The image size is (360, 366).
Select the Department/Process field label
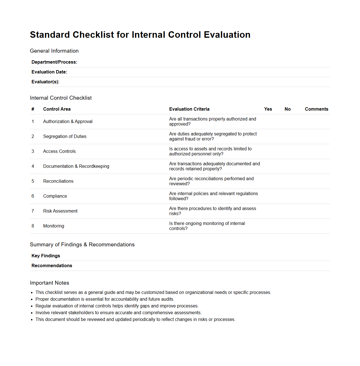tap(54, 62)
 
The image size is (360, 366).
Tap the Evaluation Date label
tap(49, 72)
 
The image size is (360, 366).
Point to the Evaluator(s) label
tap(45, 82)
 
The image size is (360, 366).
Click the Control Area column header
tap(57, 109)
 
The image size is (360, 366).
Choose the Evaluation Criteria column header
tap(189, 109)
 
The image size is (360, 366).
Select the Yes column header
tap(268, 109)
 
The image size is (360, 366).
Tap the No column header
tap(287, 109)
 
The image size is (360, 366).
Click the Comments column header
tap(316, 109)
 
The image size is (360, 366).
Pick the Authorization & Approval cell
tap(68, 122)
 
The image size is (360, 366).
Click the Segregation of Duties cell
tap(65, 137)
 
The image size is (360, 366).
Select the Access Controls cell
tap(59, 151)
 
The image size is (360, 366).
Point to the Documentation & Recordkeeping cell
tap(76, 166)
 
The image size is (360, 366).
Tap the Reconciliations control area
tap(58, 181)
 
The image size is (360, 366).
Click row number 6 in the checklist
tap(33, 196)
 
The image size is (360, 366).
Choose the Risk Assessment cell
tap(60, 211)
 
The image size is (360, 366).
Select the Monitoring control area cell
tap(54, 226)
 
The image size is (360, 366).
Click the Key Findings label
tap(46, 256)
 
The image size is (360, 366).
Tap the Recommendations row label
tap(52, 266)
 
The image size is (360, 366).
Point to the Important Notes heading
tap(49, 283)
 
